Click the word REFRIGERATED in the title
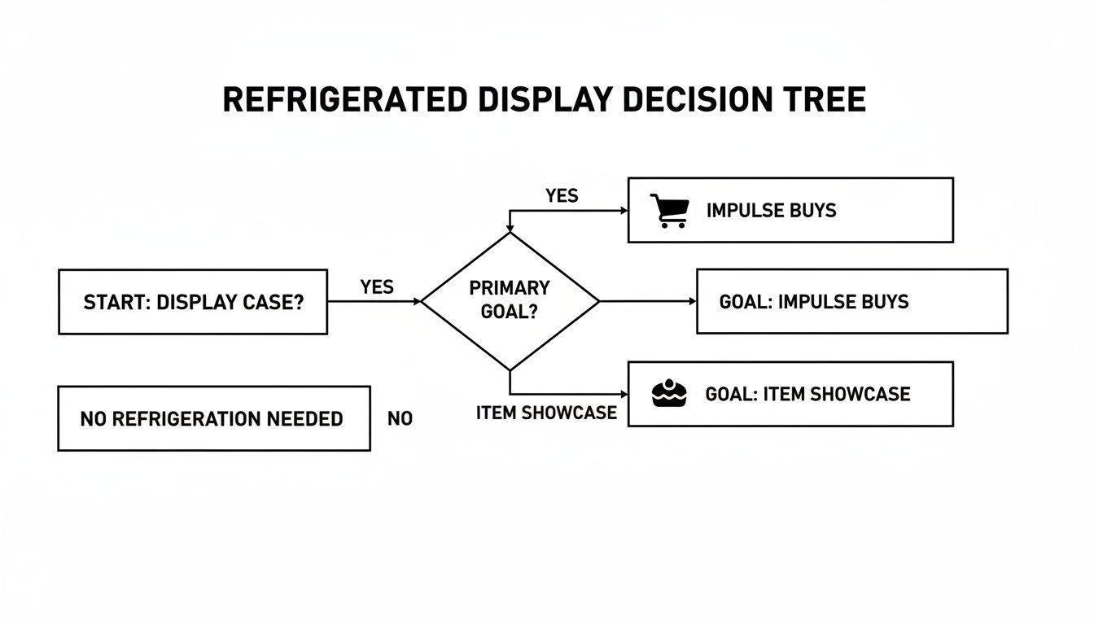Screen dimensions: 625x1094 [x=344, y=99]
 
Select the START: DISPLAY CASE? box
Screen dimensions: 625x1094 [x=193, y=302]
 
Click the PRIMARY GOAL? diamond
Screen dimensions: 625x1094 [x=510, y=300]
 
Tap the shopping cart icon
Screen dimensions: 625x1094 [x=669, y=210]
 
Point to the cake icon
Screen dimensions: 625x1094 [x=670, y=394]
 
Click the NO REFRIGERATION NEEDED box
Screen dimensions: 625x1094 [x=213, y=419]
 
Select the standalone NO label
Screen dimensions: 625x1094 [x=400, y=419]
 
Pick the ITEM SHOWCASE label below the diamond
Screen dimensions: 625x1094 [x=546, y=413]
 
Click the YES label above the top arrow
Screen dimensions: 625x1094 [x=562, y=196]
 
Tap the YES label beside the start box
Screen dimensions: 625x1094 [x=376, y=287]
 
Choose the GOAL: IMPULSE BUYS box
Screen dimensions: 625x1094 [x=851, y=302]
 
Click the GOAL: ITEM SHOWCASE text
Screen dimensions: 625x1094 [x=807, y=394]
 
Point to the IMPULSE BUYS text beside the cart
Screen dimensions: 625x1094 [x=771, y=210]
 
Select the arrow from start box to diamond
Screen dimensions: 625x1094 [x=374, y=301]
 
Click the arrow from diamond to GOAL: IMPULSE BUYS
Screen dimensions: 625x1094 [x=648, y=301]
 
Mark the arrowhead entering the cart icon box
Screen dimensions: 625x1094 [x=624, y=210]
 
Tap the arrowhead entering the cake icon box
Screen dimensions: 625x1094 [x=624, y=395]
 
